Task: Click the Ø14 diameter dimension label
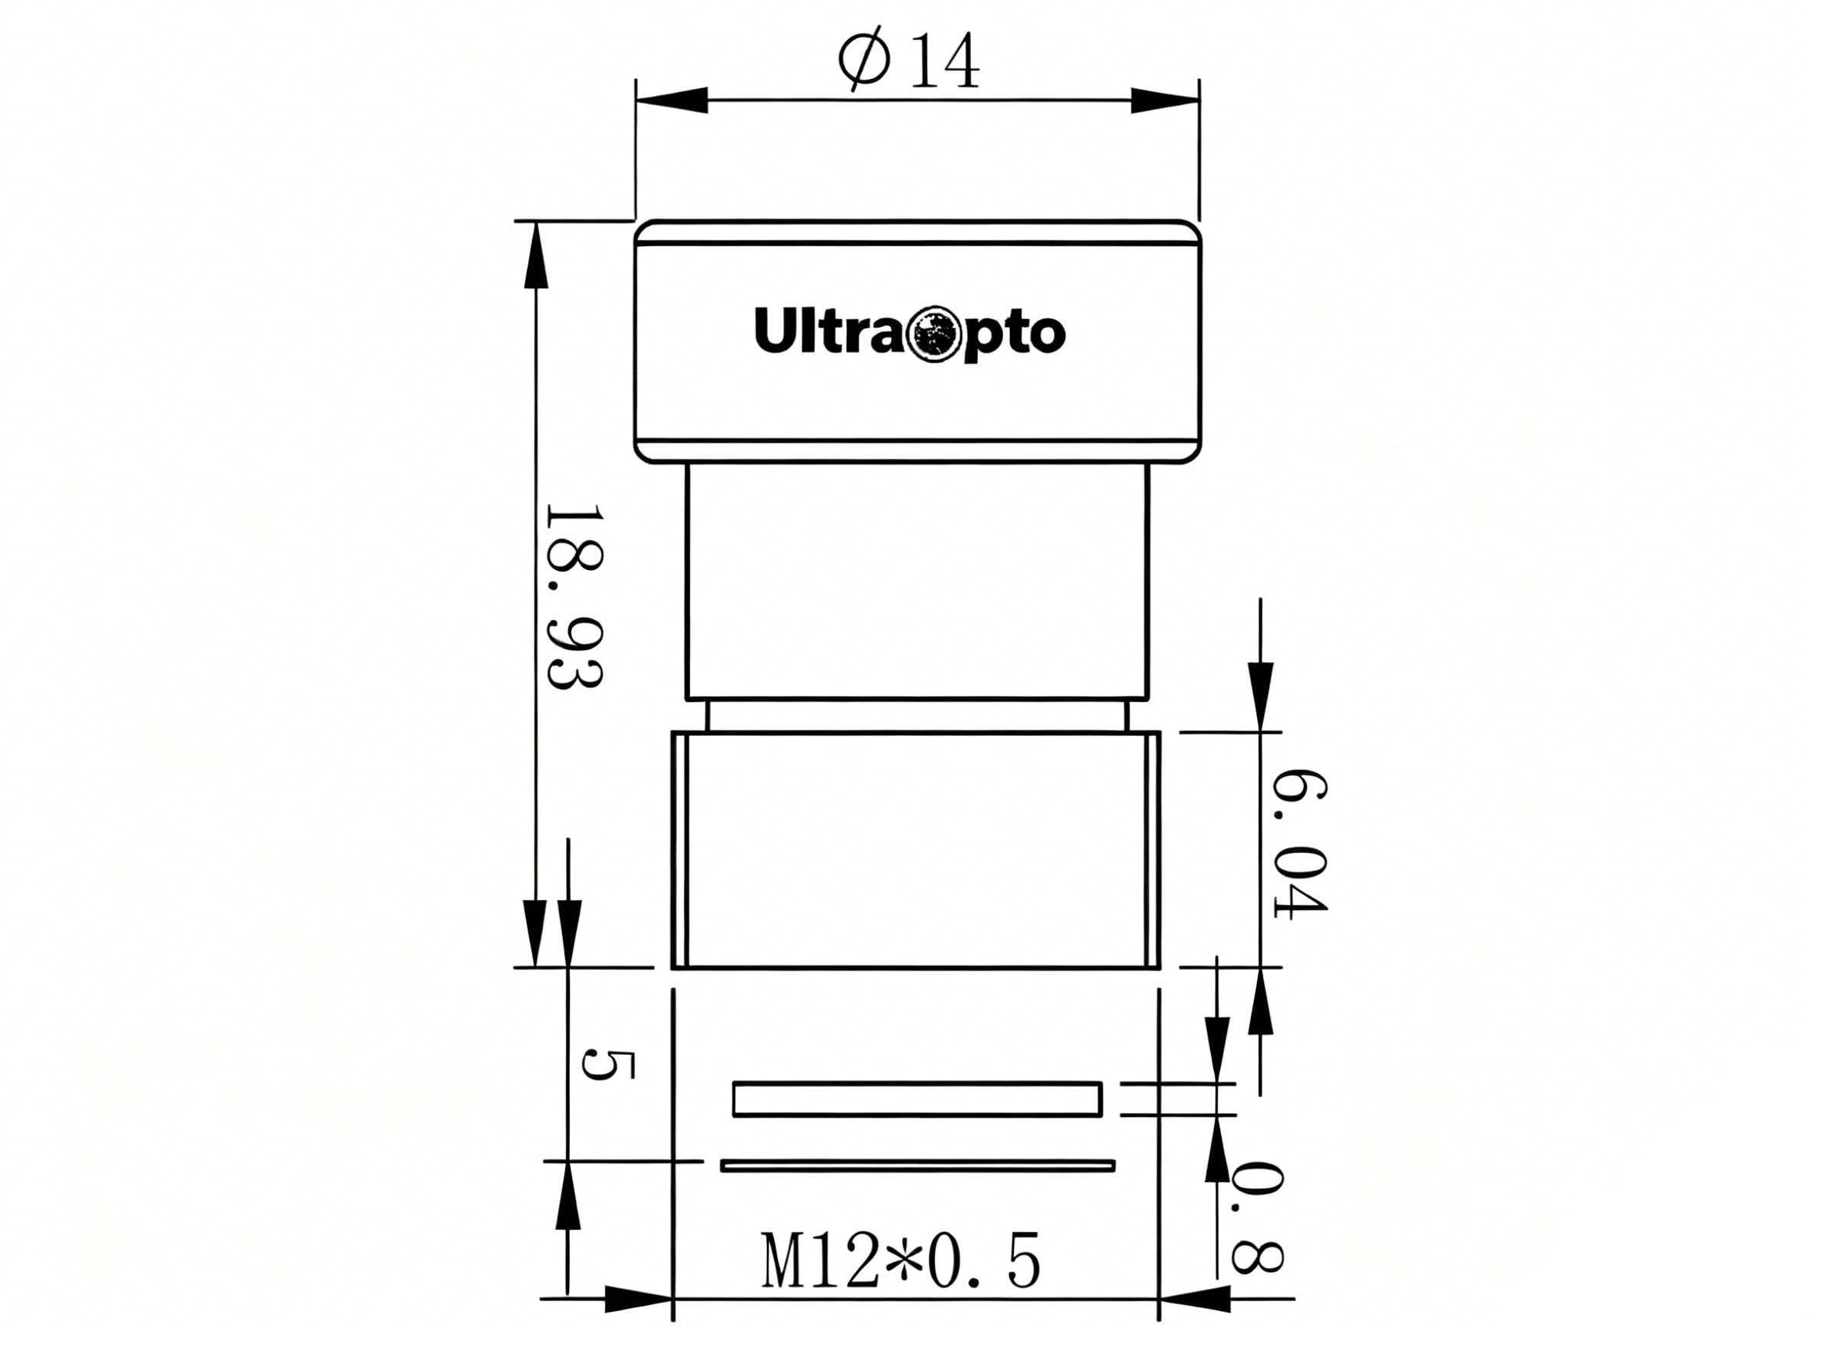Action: [908, 59]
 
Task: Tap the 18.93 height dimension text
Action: [574, 597]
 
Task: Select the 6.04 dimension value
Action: [1300, 843]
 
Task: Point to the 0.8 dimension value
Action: [1257, 1217]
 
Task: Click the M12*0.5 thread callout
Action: [902, 1261]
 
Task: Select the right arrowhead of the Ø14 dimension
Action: [1164, 101]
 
